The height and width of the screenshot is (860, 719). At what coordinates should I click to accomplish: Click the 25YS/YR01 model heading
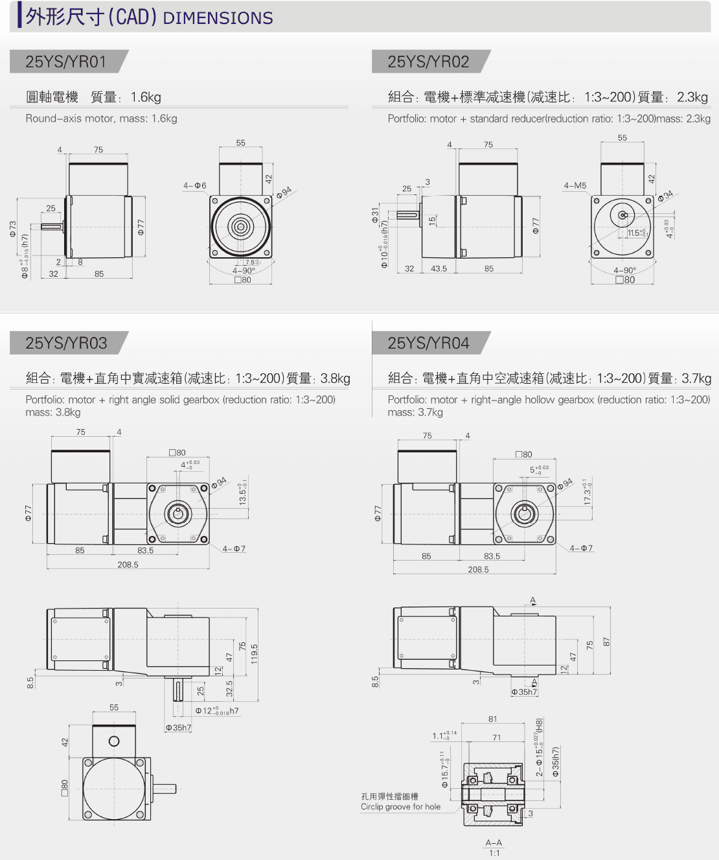65,62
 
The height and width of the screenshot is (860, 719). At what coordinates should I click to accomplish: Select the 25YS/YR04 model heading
428,343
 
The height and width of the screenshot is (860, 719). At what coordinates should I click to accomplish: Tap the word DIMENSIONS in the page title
218,18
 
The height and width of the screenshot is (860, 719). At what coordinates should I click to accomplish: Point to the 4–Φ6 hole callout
194,185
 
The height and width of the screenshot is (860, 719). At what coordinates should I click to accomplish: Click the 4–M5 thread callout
575,185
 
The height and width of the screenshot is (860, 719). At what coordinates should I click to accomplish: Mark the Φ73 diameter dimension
12,229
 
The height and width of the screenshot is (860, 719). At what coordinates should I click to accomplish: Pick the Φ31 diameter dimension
375,215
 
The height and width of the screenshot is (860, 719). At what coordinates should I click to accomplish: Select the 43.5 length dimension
439,268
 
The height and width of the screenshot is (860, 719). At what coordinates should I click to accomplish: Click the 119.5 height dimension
255,654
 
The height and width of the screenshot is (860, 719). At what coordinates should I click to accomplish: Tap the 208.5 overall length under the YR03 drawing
128,564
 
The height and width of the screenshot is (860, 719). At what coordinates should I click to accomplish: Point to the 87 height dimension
606,642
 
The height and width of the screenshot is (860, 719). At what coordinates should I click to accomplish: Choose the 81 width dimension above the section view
493,719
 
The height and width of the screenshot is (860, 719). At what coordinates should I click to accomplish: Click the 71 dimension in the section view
496,738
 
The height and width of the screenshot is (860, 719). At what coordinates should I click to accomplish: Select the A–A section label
494,843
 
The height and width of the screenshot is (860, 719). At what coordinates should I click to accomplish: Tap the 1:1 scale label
494,853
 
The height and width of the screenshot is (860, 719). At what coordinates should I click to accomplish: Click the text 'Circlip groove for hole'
400,807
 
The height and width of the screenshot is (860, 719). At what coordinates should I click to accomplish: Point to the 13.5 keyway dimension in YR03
243,493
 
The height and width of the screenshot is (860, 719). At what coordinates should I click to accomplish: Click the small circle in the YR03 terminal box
114,741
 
